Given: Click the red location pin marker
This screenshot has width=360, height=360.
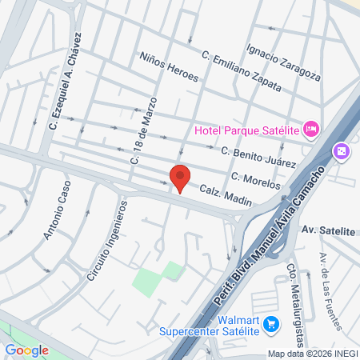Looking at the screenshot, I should coord(180,178).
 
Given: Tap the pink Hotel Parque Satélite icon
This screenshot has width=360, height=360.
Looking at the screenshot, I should coord(312,128).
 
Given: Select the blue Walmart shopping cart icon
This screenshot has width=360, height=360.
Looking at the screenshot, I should coord(271,324).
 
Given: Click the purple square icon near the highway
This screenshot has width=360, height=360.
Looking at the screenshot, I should coord(341,151).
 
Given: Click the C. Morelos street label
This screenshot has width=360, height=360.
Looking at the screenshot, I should coord(256,180).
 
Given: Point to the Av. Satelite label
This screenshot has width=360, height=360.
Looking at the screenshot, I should coord(328,230).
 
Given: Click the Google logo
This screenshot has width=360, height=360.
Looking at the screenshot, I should coord(26,350).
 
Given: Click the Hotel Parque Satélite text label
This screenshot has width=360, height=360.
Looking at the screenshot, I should coord(249,130).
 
